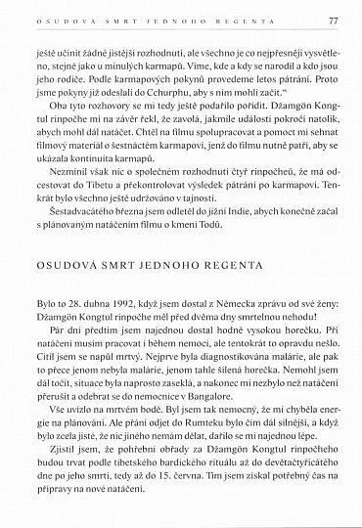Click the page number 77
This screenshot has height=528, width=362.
(x=333, y=19)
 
